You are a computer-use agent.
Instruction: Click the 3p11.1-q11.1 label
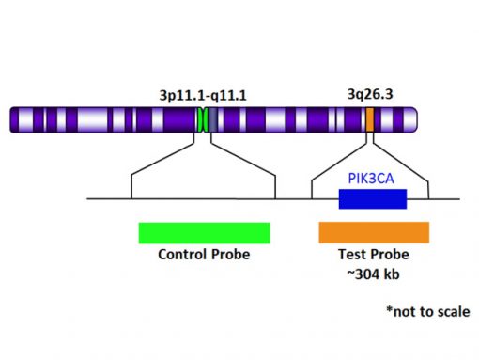tap(204, 95)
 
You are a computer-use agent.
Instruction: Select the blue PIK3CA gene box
tap(372, 198)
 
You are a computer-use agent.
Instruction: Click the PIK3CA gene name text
tap(370, 179)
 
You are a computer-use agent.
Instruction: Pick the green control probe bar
tap(204, 232)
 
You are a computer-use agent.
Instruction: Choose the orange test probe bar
tap(374, 232)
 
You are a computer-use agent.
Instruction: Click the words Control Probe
tap(204, 255)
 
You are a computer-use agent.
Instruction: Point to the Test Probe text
tap(373, 255)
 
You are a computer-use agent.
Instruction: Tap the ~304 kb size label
tap(373, 274)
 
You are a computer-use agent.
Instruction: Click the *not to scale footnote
tap(427, 311)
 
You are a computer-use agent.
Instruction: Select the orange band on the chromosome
tap(369, 119)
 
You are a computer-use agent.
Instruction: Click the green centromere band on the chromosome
tap(202, 119)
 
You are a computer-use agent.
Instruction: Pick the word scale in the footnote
tap(451, 311)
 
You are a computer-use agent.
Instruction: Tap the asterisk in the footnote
tap(388, 309)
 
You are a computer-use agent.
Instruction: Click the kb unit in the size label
tap(394, 274)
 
